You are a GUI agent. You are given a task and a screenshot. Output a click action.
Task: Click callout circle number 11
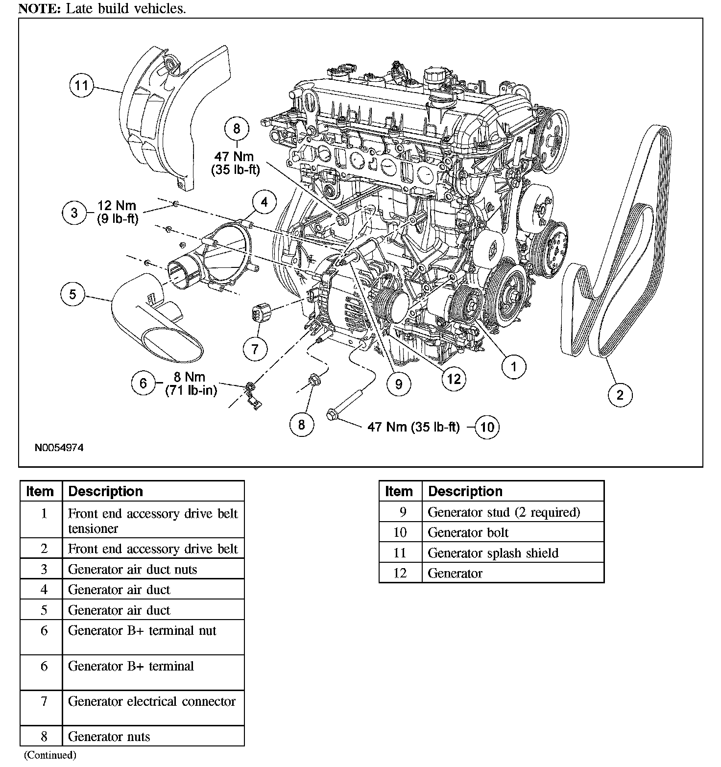click(82, 86)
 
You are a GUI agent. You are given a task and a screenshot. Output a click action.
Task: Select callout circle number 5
click(73, 294)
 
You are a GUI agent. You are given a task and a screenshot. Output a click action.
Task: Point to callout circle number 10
click(487, 427)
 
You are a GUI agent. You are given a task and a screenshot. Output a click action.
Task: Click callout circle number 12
click(454, 379)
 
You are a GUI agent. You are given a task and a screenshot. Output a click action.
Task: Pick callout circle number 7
click(255, 349)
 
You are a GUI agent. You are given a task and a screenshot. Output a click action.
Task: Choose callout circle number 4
click(264, 202)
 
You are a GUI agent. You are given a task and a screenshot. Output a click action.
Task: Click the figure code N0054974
click(59, 448)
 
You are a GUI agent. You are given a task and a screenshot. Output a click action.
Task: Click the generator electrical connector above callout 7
click(258, 313)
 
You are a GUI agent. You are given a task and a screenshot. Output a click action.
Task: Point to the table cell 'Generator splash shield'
click(493, 553)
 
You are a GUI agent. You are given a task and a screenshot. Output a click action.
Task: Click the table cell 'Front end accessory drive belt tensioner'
click(152, 521)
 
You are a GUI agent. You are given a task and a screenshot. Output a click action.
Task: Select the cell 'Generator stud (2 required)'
click(504, 512)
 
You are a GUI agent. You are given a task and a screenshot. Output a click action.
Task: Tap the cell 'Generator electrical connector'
click(152, 701)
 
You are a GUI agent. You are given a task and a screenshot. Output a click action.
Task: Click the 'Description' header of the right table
click(465, 491)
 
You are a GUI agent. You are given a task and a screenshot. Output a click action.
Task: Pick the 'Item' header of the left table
click(40, 491)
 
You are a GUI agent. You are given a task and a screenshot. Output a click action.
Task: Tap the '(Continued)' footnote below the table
click(50, 755)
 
